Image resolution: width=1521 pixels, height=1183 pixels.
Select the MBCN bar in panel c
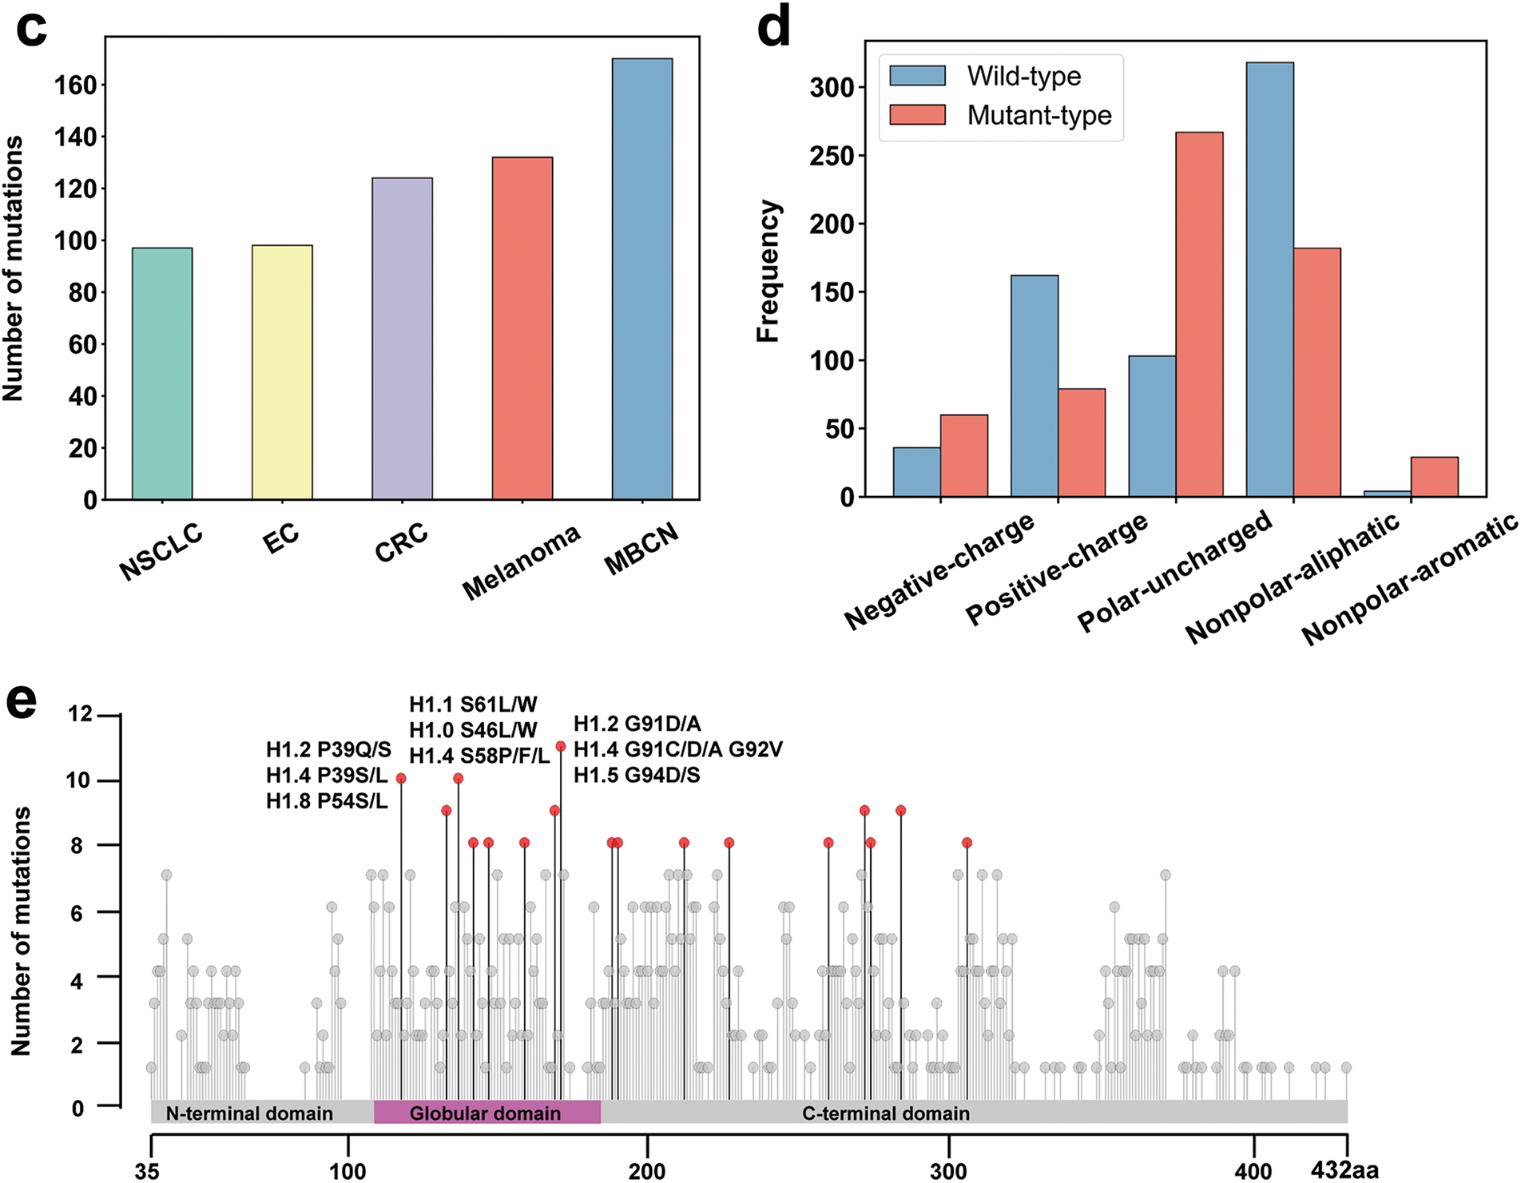(x=641, y=279)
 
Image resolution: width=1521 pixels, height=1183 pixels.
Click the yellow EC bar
(x=282, y=372)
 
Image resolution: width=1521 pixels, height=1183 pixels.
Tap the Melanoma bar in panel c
(x=522, y=328)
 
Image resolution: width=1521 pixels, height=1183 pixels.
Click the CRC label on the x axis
(x=401, y=542)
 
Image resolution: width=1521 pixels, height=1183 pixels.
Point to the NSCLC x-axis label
(x=161, y=552)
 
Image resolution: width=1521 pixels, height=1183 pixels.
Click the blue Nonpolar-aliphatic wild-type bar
(x=1269, y=280)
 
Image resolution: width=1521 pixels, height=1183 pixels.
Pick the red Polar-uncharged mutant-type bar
(x=1199, y=315)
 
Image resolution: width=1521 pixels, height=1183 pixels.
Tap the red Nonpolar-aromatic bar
(x=1434, y=477)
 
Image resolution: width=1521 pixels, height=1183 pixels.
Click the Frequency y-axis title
(x=768, y=272)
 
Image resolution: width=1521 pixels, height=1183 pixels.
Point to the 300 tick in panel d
(x=832, y=87)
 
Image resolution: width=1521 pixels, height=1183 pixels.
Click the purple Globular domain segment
(x=486, y=1112)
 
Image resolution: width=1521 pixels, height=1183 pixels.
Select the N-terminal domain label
(x=249, y=1113)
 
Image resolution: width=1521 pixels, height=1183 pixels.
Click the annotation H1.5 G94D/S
(x=637, y=775)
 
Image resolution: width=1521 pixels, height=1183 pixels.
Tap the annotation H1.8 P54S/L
(x=327, y=800)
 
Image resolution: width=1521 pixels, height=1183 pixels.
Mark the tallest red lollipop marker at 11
(x=561, y=746)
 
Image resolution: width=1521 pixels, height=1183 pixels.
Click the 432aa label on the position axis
(x=1344, y=1171)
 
